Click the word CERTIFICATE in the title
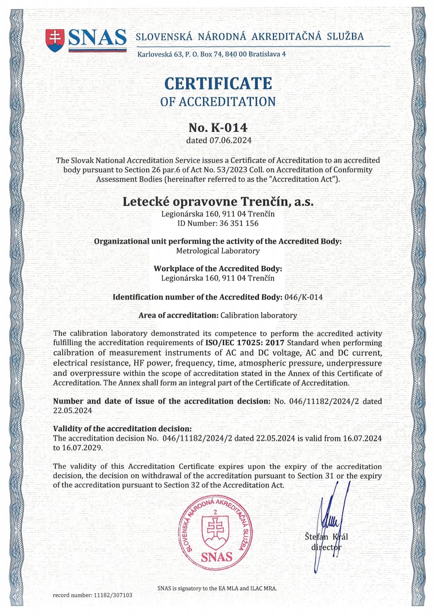click(x=218, y=82)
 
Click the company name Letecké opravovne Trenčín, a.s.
click(x=218, y=202)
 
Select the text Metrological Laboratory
click(x=218, y=250)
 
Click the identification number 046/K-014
click(x=303, y=297)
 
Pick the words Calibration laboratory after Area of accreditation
click(x=259, y=315)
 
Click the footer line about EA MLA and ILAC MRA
click(x=217, y=588)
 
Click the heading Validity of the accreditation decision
click(x=122, y=428)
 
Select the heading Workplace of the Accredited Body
click(x=218, y=269)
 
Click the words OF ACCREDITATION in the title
click(x=218, y=102)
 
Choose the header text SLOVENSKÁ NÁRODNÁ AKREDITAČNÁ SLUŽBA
click(x=249, y=37)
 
